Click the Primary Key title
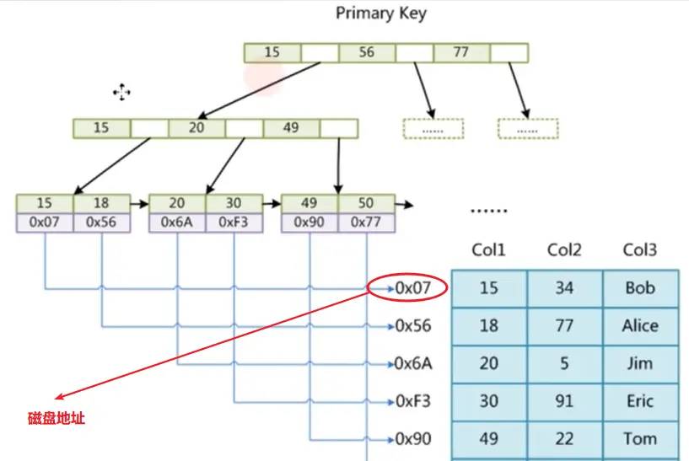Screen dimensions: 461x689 click(x=381, y=13)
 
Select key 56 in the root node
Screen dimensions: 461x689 click(x=367, y=52)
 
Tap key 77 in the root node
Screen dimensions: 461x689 click(x=460, y=52)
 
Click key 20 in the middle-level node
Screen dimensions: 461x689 click(x=196, y=128)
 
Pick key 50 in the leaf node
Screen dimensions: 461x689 click(x=367, y=204)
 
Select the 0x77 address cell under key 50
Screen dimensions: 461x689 click(x=367, y=222)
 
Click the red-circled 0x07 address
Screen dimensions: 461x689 click(x=412, y=288)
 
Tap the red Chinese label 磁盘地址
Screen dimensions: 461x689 click(x=54, y=418)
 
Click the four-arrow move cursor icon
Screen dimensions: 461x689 click(x=122, y=92)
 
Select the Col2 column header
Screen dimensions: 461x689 click(x=564, y=249)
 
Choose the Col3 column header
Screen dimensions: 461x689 click(x=640, y=249)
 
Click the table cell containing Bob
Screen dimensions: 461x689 click(x=640, y=288)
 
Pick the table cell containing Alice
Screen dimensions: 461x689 click(x=640, y=326)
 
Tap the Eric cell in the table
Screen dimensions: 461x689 click(x=640, y=402)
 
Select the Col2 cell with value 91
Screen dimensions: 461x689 click(x=564, y=402)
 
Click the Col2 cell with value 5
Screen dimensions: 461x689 click(x=564, y=364)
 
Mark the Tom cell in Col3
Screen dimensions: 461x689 click(x=640, y=439)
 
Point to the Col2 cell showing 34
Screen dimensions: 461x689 click(x=564, y=288)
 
